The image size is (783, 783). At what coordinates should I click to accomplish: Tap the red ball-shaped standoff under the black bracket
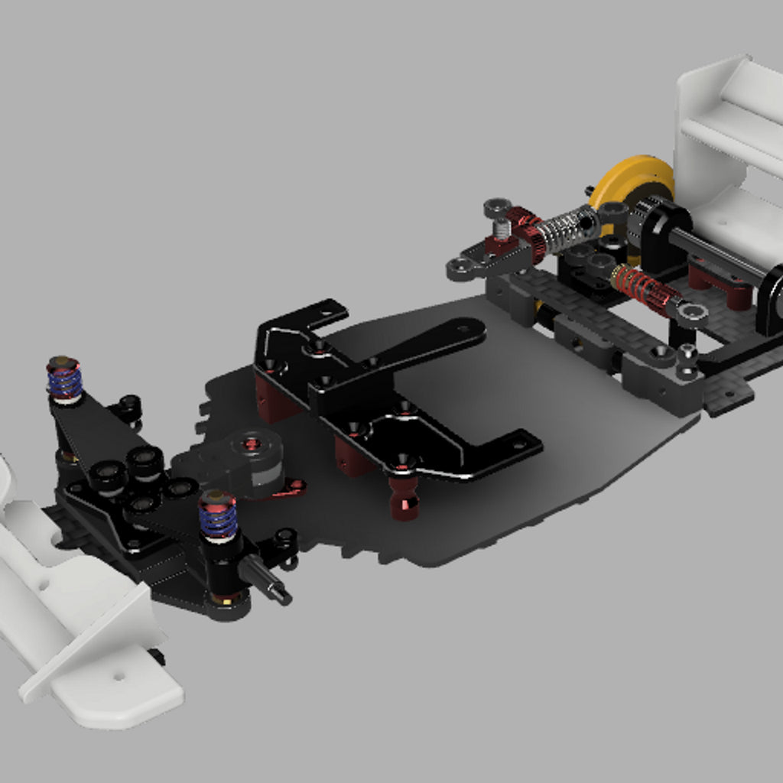click(x=403, y=496)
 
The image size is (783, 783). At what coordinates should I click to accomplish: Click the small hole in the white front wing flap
click(x=119, y=677)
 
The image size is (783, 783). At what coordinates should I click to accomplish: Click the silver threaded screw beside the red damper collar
click(x=501, y=228)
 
